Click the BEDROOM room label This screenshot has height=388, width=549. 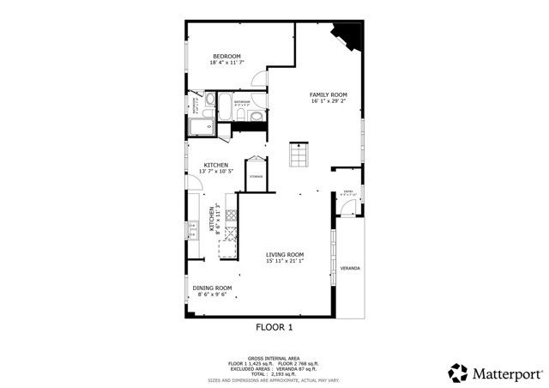[226, 57]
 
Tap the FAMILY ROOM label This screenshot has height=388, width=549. [329, 94]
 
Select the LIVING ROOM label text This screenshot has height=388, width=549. [285, 254]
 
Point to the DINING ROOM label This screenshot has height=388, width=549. [212, 288]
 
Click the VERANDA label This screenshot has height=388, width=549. [350, 269]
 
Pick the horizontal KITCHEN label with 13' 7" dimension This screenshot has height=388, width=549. [215, 165]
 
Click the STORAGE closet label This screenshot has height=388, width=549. [256, 176]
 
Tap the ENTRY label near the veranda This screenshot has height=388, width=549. [347, 191]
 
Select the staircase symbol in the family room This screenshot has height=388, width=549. [298, 155]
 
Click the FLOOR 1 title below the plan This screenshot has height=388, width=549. [274, 327]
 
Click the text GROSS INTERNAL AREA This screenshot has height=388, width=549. [274, 356]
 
